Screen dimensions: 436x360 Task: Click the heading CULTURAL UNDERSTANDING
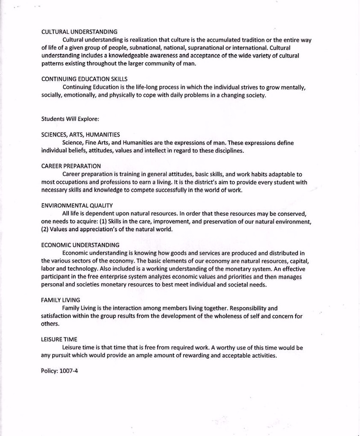79,32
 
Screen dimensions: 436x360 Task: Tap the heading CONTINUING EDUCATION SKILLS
84,79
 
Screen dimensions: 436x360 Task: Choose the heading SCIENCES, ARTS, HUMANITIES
81,135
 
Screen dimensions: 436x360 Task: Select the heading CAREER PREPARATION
71,166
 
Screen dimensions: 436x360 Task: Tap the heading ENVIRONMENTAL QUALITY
76,205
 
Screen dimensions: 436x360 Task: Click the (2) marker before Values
45,229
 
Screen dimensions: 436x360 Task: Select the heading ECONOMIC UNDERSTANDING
80,245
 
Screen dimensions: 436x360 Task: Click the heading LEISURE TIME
59,340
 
